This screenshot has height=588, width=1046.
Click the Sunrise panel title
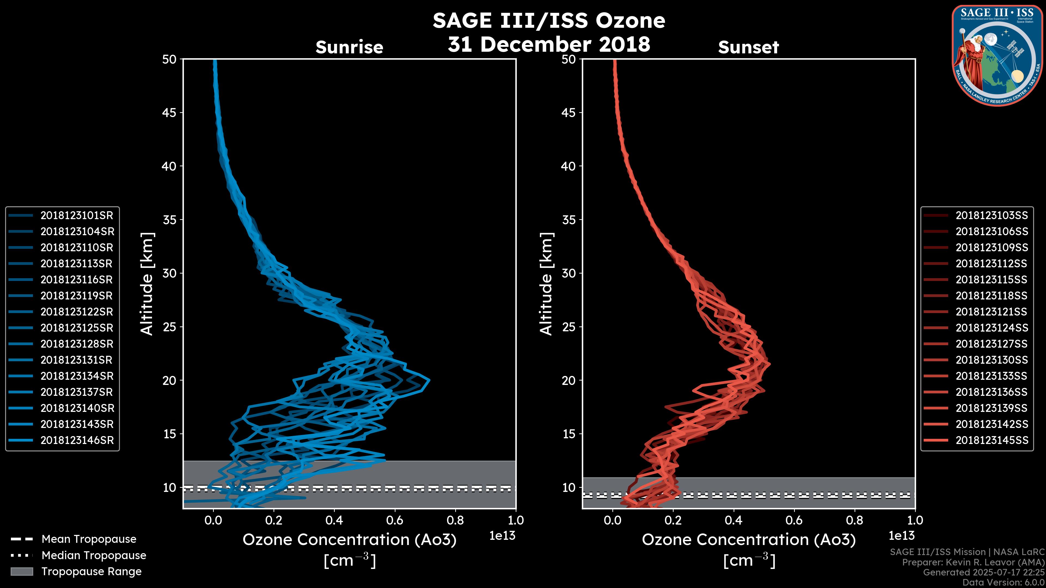click(349, 47)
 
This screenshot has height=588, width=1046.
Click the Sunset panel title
click(748, 47)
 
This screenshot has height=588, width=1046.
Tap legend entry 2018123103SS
click(992, 216)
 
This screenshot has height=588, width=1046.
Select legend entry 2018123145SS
click(992, 440)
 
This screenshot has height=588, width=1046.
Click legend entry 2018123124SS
click(992, 328)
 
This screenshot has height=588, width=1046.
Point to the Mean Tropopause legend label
click(89, 539)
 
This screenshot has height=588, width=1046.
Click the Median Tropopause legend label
click(94, 556)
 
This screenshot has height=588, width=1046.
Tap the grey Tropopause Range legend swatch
click(22, 571)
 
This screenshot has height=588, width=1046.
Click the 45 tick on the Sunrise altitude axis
click(169, 113)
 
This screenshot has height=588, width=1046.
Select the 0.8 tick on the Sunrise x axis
click(455, 520)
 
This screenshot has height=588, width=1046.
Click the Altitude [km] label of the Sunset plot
click(546, 284)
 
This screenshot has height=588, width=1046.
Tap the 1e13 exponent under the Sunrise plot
click(502, 536)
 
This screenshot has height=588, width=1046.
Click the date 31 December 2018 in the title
click(549, 44)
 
